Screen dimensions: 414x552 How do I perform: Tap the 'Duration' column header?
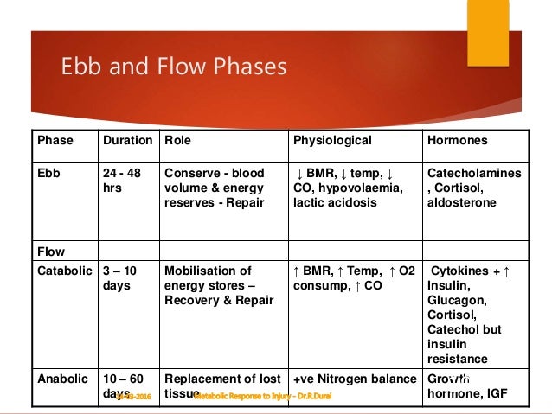127,140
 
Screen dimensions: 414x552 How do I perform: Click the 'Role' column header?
178,140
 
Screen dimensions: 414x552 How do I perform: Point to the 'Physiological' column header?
332,140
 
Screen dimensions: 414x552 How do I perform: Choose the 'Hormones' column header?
458,140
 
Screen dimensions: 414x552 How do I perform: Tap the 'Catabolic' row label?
63,271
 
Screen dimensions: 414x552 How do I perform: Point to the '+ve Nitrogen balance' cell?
355,378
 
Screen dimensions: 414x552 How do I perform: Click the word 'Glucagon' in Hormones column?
457,300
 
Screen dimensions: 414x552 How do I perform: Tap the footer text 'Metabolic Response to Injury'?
263,396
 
